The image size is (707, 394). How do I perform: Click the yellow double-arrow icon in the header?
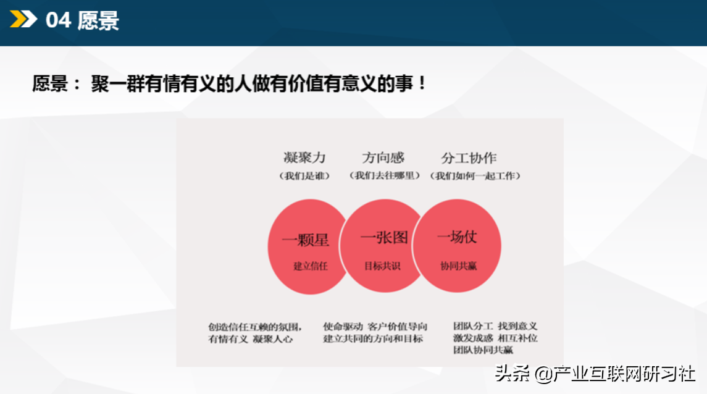coord(23,19)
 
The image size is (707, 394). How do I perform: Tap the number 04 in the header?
coord(58,20)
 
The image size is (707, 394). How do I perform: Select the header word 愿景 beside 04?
coord(98,21)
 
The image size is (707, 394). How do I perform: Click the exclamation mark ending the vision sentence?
coord(422,83)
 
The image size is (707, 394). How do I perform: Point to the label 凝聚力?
coord(304,157)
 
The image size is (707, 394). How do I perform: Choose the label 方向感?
coord(383,157)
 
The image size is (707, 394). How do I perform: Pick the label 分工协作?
coord(469,158)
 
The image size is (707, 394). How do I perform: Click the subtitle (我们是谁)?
coord(304,176)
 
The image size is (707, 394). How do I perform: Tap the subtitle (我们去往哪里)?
coord(385,175)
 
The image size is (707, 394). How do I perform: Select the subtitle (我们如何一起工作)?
coord(475,176)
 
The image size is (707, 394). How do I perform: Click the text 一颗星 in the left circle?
coord(305,240)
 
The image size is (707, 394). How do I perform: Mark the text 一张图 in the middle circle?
coord(384,237)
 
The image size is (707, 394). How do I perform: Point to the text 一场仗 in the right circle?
coord(457,237)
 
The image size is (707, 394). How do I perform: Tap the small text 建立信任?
coord(311,266)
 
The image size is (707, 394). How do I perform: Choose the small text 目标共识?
coord(382,266)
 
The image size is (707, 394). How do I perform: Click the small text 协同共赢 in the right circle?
coord(459,266)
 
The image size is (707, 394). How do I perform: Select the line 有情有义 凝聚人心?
coord(250,339)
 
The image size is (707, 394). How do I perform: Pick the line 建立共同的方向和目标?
coord(373,338)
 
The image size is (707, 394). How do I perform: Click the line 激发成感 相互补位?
coord(495,338)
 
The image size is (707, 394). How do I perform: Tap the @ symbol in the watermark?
coord(544,374)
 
